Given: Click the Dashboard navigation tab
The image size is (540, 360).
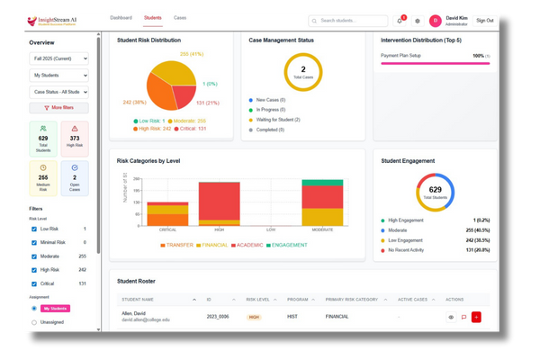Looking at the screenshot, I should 121,18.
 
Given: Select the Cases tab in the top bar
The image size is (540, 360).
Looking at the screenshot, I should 180,18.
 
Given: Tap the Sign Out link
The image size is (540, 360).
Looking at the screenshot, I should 509,20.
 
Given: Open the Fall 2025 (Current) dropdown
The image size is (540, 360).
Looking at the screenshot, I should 59,58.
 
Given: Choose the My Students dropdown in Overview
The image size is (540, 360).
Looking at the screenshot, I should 59,76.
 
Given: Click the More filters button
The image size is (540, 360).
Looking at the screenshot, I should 59,107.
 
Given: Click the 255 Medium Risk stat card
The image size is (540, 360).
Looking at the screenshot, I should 44,176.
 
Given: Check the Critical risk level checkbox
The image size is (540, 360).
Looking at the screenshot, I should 34,283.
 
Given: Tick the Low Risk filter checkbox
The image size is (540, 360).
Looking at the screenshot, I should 34,229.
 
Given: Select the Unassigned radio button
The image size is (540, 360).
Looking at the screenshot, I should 34,321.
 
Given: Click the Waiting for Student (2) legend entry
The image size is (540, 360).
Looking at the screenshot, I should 278,119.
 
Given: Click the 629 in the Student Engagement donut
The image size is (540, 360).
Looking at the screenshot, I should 436,191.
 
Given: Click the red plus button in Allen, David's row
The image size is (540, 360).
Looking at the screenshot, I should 476,317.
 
